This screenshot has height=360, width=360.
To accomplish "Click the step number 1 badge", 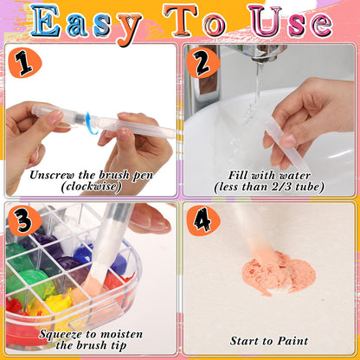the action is (x=25, y=63).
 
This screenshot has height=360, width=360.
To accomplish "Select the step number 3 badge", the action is (x=25, y=221).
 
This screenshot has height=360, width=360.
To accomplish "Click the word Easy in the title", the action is (x=86, y=23).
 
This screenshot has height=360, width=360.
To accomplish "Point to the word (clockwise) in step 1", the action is (x=91, y=187).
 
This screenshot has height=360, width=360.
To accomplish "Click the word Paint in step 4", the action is (x=293, y=341).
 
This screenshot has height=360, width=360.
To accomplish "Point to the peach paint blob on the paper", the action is (x=274, y=273).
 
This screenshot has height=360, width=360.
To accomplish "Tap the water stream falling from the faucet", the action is (x=254, y=93).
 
